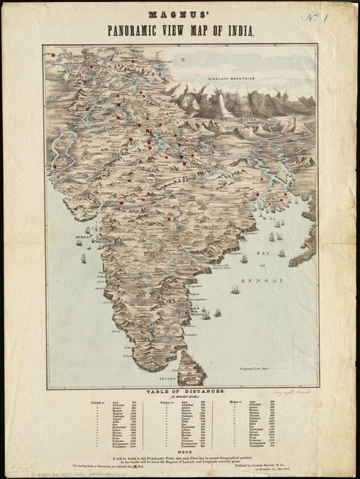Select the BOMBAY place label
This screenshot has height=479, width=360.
[x=83, y=237]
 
